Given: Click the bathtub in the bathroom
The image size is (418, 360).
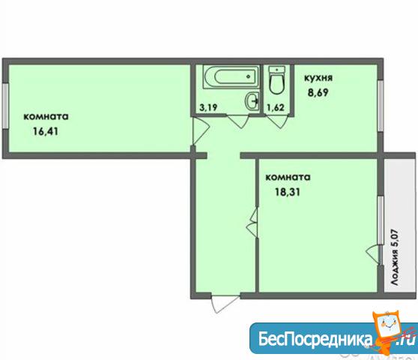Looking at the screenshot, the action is pos(231,76).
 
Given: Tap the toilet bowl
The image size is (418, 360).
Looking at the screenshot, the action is pos(276,80).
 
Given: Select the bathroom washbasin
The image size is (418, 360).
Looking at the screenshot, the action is pos(252,100).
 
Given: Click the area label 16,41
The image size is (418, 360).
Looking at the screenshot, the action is pos(46,131).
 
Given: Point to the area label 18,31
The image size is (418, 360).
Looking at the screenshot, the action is pos(288,192).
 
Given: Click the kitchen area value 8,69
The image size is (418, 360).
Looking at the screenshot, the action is pos(318,92).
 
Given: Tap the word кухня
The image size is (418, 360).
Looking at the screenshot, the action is pos(318,78).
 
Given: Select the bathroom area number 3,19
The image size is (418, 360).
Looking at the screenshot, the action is pos(208,107).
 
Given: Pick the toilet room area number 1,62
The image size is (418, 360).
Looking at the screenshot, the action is pos(276,107).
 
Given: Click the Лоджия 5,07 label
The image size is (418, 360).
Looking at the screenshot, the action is pos(395,257).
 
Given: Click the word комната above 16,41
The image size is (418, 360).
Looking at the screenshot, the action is pos(46,117).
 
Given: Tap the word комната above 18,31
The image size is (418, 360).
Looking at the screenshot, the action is pos(288,178).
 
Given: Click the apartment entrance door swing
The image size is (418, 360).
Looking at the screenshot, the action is pos(225,304).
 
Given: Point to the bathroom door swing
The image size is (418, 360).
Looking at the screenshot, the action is pos(237,121).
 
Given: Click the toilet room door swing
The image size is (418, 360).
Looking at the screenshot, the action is pos(278,121).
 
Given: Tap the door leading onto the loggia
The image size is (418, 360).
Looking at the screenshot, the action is pos(373,255).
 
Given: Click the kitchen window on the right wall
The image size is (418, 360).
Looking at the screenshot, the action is pos(381,106).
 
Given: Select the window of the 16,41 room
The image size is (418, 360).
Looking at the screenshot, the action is pos(5,106).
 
